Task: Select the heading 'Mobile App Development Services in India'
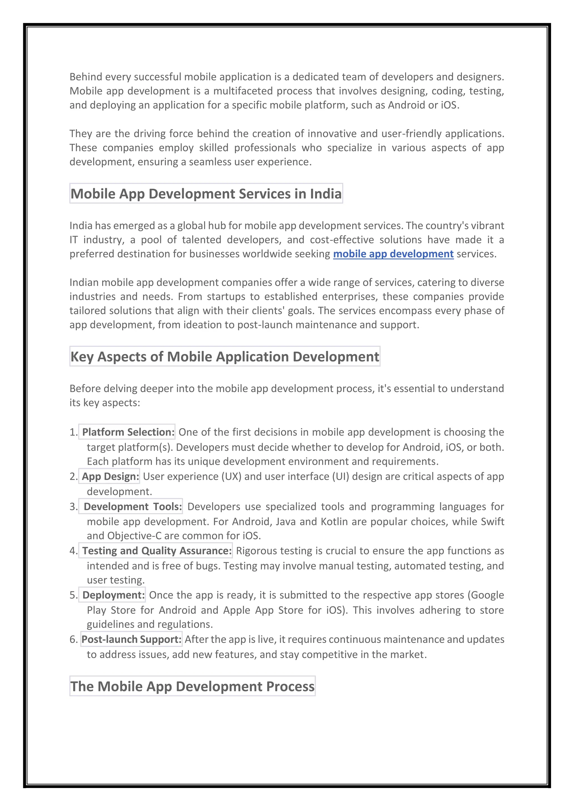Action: pos(206,194)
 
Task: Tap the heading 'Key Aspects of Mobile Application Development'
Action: pos(225,356)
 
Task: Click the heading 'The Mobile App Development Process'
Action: pos(192,686)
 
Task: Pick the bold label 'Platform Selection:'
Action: pos(128,432)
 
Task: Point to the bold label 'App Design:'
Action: pos(110,477)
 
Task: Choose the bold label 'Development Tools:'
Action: pos(133,507)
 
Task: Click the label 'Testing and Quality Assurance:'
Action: pos(157,551)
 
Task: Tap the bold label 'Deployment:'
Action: pos(114,595)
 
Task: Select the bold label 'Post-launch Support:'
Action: pos(131,639)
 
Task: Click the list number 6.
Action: pos(73,640)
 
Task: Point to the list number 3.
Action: pos(73,507)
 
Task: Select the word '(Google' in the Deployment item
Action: pos(486,595)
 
